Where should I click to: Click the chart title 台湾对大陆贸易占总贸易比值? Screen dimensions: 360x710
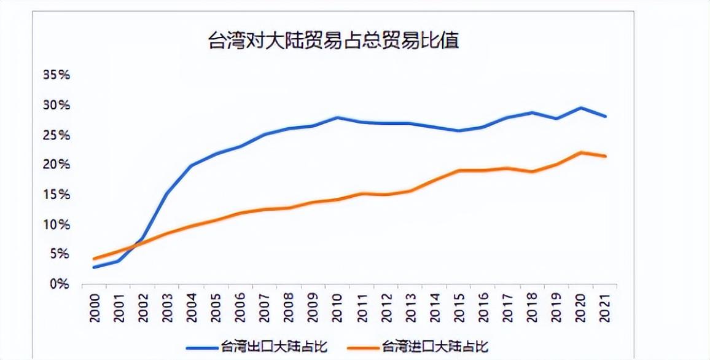[334, 42]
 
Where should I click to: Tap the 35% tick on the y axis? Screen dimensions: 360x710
[57, 75]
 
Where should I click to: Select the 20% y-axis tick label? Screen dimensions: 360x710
[57, 165]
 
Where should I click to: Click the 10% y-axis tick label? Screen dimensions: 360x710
[57, 225]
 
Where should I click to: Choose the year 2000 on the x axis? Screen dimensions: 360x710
[95, 307]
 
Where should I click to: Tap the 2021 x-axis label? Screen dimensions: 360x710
[606, 307]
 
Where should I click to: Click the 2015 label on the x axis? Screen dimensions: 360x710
[458, 307]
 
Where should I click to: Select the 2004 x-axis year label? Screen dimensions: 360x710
[191, 307]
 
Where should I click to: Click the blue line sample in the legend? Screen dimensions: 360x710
[202, 346]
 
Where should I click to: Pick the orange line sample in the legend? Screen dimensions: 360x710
[363, 346]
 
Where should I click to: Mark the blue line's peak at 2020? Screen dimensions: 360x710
[581, 108]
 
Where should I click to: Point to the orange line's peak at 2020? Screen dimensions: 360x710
[581, 152]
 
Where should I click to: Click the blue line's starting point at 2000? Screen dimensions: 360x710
[94, 267]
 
